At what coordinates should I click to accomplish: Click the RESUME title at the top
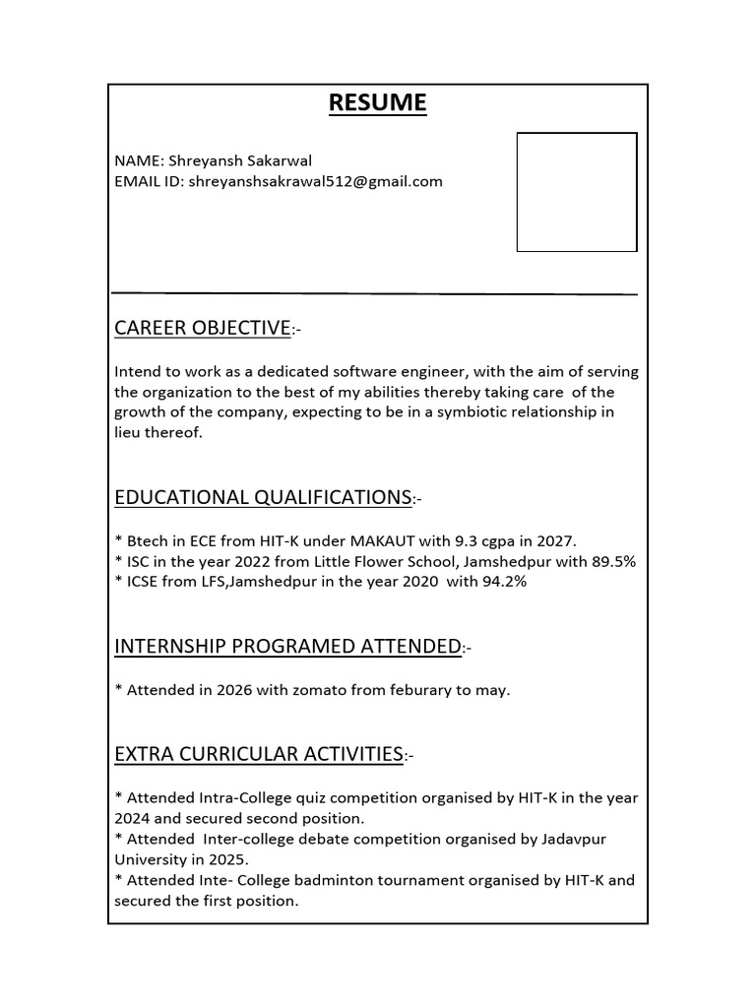coord(378,102)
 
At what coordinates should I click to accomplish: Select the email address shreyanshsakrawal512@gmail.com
coord(315,181)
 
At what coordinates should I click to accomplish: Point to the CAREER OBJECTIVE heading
coord(202,328)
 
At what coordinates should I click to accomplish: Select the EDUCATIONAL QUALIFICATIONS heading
coord(263,497)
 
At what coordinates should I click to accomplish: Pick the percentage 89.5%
coord(610,561)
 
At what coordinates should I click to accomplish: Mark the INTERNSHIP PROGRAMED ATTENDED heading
coord(287,646)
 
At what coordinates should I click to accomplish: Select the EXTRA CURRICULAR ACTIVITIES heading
coord(259,754)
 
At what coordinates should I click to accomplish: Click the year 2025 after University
coord(212,859)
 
